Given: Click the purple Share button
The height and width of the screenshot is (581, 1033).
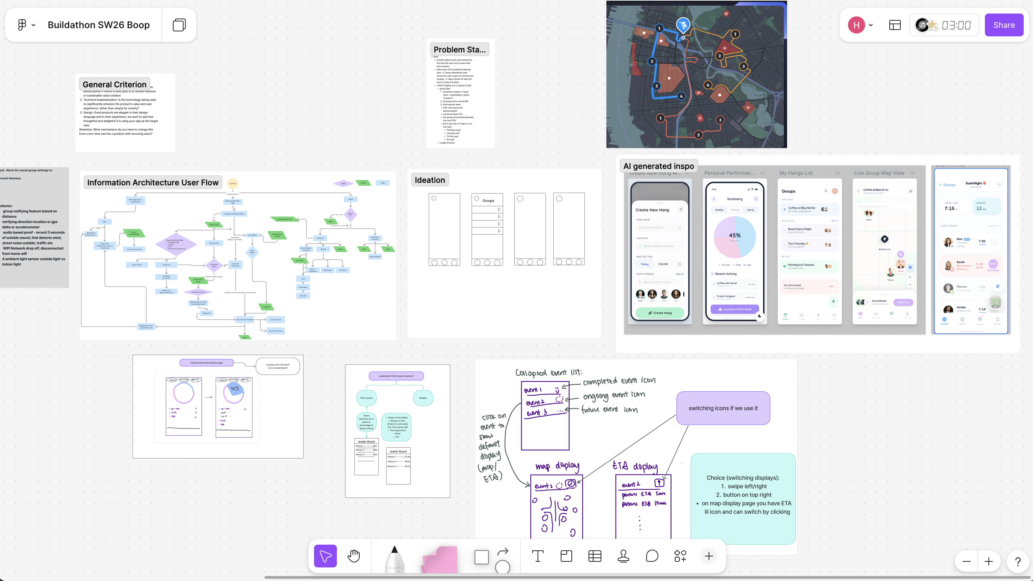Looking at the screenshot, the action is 1004,25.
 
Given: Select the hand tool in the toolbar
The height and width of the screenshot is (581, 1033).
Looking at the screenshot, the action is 354,556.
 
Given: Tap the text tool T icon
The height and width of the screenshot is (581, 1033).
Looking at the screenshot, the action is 538,556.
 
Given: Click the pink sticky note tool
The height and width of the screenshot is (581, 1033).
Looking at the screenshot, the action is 440,558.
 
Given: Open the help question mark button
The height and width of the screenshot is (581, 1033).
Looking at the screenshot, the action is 1018,561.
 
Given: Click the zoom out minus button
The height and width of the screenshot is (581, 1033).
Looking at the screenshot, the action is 966,561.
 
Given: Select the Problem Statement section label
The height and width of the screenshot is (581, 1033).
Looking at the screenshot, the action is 459,49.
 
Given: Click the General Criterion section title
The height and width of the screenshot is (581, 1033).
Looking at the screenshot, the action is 114,84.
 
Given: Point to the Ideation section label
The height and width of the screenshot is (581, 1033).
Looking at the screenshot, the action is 430,180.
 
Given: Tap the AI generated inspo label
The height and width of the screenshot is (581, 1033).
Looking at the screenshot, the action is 658,166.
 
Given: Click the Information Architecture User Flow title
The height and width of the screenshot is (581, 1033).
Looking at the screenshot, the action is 153,182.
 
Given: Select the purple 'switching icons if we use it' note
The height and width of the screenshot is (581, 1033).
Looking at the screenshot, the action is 723,408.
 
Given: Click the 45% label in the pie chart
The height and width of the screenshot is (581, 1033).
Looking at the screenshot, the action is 735,235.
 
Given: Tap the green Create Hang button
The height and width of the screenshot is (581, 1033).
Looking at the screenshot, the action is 660,313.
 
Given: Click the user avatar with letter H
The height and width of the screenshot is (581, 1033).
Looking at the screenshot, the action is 856,25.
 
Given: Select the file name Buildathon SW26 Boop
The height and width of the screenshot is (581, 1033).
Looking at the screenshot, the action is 99,25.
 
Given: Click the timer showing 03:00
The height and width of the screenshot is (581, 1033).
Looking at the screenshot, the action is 956,25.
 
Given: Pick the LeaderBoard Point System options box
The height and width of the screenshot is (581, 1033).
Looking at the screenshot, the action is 396,376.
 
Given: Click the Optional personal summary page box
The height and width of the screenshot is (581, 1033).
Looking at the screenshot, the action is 206,363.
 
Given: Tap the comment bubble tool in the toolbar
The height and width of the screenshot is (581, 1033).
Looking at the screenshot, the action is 652,556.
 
